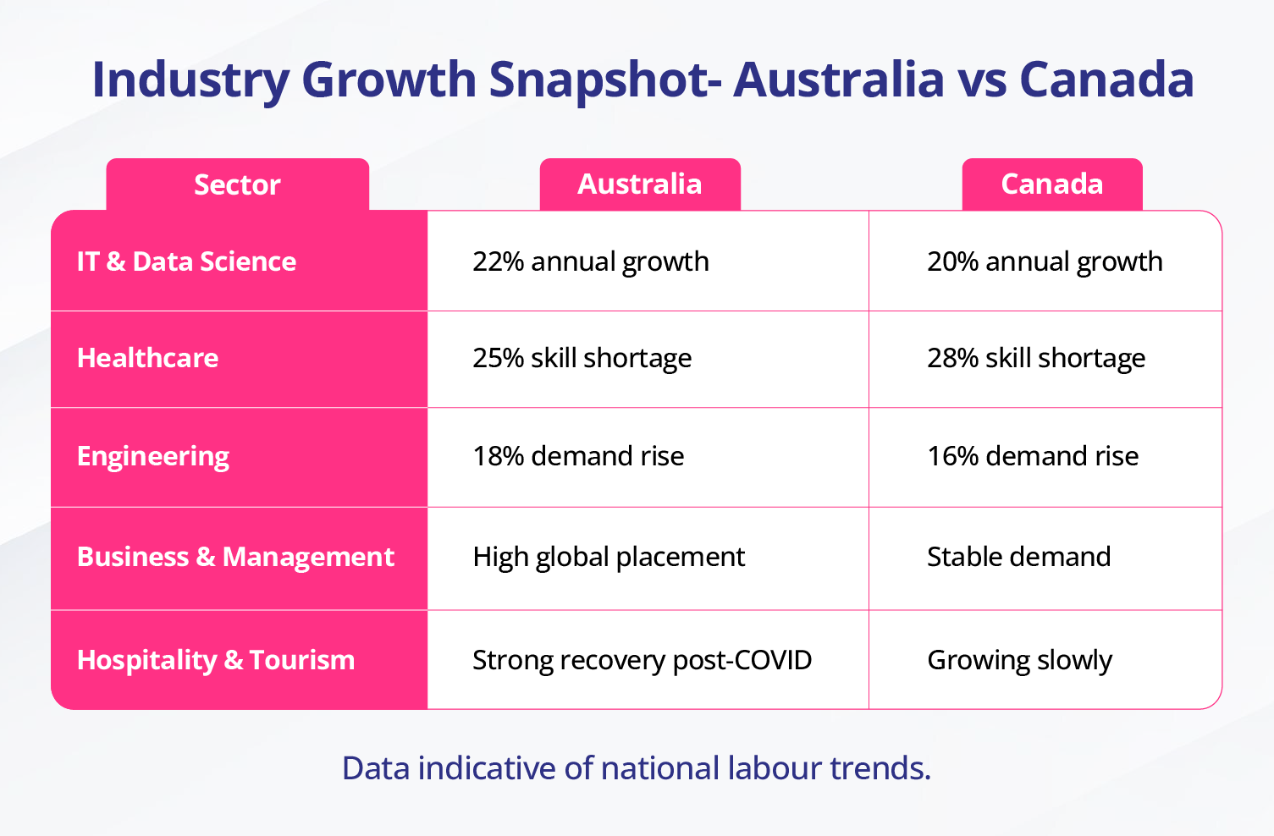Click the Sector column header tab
point(237,184)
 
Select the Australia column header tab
point(640,184)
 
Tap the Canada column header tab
point(1052,184)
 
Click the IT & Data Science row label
point(186,261)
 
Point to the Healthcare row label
point(148,358)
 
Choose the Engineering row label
point(153,456)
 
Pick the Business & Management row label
point(235,557)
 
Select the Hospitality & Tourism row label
point(216,660)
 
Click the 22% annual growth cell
point(591,261)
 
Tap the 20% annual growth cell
point(1045,261)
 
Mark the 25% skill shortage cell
point(582,358)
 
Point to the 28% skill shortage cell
point(1036,358)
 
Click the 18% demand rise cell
point(578,456)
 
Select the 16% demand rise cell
point(1033,456)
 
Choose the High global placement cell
point(609,557)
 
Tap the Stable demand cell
point(1019,557)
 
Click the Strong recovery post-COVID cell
point(642,660)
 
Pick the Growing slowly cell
point(1019,660)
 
